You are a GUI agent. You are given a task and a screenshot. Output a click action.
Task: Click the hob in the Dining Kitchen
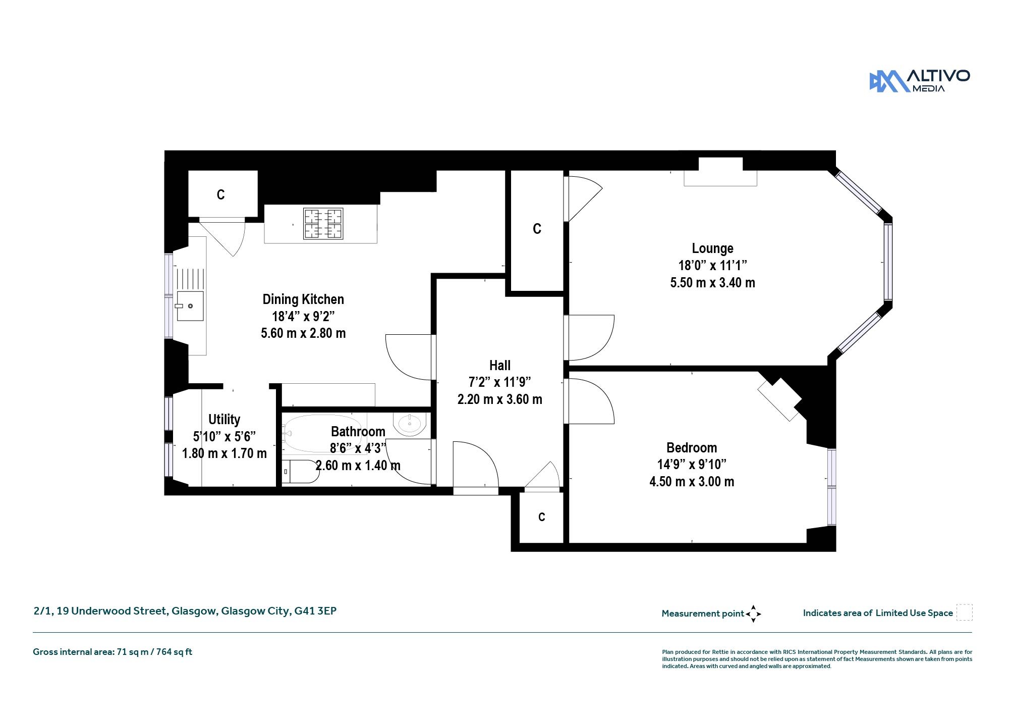[x=323, y=224]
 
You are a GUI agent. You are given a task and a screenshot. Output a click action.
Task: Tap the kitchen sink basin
[x=190, y=306]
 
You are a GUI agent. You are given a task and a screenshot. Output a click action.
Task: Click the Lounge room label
[x=712, y=248]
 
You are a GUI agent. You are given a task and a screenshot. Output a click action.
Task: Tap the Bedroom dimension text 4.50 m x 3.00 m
[x=692, y=481]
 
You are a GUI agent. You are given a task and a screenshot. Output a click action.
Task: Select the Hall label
[x=500, y=365]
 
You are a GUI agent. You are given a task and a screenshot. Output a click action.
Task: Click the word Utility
[x=225, y=420]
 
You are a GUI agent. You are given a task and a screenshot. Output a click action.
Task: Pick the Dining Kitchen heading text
[x=303, y=299]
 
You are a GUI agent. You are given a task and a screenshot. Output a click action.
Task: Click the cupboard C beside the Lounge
[x=537, y=229]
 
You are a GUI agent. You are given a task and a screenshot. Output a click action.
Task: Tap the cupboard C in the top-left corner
[x=220, y=195]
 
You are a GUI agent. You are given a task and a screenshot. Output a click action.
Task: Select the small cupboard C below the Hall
[x=541, y=517]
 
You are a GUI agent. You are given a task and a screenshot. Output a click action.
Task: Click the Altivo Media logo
[x=920, y=81]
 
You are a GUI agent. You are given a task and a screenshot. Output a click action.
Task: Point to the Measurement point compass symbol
[x=753, y=614]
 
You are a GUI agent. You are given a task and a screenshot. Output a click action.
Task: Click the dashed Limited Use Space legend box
[x=964, y=613]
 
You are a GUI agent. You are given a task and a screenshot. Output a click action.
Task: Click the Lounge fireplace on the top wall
[x=720, y=172]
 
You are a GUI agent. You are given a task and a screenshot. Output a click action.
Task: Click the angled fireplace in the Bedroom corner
[x=780, y=399]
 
